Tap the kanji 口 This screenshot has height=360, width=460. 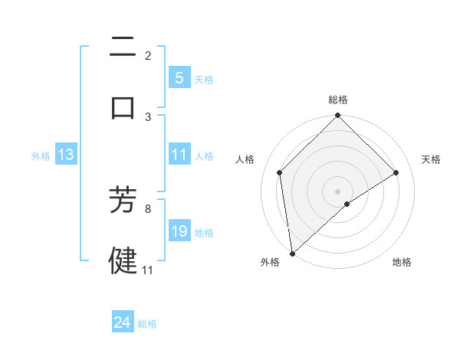click(123, 106)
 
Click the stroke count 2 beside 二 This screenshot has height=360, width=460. click(148, 55)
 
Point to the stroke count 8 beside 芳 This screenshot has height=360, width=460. click(148, 208)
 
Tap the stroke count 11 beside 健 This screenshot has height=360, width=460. click(148, 270)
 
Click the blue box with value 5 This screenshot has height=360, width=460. click(179, 78)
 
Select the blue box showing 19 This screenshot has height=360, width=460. click(179, 231)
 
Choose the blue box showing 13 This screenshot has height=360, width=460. click(65, 155)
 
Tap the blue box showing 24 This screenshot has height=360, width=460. click(122, 323)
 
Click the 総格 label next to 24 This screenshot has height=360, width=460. click(147, 324)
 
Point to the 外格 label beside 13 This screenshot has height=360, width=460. click(41, 156)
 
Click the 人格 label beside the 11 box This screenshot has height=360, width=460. click(204, 156)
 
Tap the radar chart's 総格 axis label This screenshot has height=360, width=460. click(338, 100)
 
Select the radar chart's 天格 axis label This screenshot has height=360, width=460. click(432, 159)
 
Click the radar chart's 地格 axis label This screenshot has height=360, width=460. click(402, 262)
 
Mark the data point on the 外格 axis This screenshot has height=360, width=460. click(291, 254)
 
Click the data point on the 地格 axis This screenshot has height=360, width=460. click(347, 204)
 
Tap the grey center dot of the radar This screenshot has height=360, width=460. click(338, 191)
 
